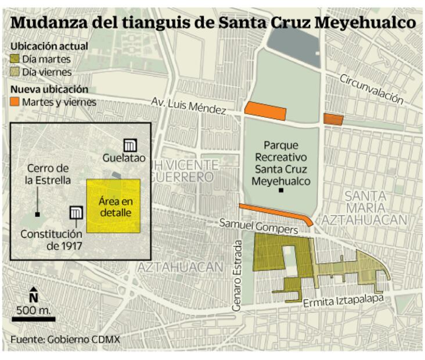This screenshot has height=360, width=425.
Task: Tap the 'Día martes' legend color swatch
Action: (16, 59)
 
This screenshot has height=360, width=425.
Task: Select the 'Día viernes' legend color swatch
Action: (16, 72)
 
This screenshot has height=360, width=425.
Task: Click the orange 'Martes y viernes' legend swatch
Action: (16, 102)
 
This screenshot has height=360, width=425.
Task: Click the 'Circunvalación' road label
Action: (372, 88)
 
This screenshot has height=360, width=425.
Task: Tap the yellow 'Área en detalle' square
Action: (114, 207)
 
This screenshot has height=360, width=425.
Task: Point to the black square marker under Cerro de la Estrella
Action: (37, 214)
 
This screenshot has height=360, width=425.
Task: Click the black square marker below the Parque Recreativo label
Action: (281, 190)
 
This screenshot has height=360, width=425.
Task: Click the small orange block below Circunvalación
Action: (333, 120)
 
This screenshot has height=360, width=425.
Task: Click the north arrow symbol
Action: (34, 294)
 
